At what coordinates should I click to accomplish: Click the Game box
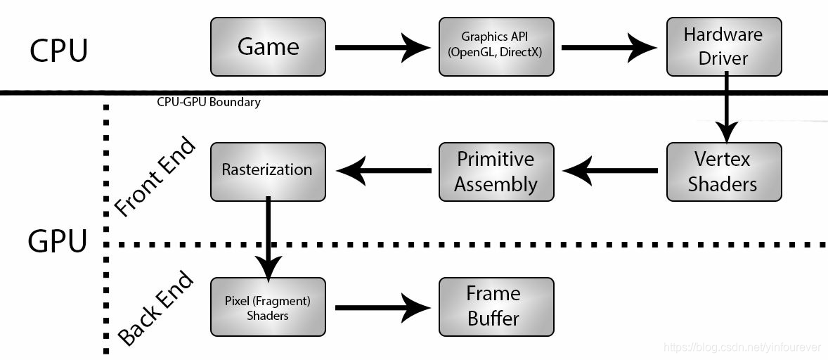[268, 47]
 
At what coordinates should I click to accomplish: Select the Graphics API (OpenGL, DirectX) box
[496, 47]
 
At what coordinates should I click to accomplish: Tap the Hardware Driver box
[723, 47]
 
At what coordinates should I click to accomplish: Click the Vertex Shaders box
[723, 171]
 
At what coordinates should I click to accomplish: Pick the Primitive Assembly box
[496, 171]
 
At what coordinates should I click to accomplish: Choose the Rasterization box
[268, 171]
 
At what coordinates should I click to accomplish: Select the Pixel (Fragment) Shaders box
[268, 307]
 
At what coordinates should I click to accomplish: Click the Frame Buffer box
[496, 307]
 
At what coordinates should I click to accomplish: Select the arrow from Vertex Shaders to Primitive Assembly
[610, 170]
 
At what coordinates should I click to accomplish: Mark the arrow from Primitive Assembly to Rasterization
[383, 170]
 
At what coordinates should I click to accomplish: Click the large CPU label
[59, 51]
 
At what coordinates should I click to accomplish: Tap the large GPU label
[58, 241]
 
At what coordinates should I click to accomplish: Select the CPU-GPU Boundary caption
[209, 103]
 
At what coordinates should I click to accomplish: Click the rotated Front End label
[154, 180]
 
